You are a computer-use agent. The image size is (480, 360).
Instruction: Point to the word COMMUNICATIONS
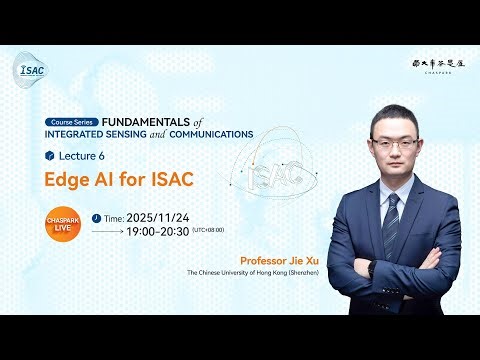click(x=213, y=132)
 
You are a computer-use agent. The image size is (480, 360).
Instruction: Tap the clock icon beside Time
click(x=96, y=216)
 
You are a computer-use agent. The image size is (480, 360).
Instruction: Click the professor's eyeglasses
click(x=396, y=143)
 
